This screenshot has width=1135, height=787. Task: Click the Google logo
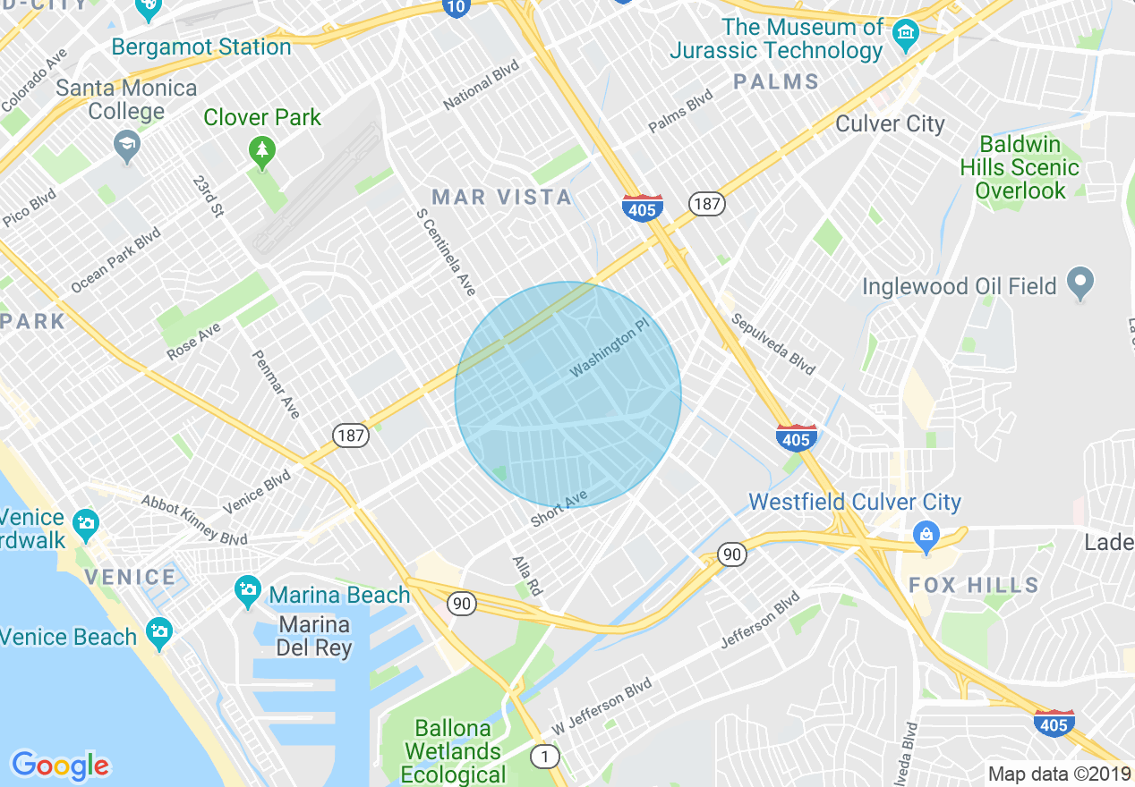click(60, 766)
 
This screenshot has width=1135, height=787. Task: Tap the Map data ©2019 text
click(1058, 773)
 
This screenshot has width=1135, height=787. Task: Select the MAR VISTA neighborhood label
click(501, 197)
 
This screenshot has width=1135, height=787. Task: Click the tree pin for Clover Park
click(261, 153)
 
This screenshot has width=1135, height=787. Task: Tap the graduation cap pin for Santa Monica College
click(127, 146)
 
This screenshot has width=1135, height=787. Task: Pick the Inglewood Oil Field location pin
click(1080, 283)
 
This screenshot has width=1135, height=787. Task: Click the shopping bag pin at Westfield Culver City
click(925, 536)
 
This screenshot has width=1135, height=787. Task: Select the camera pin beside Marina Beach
click(246, 590)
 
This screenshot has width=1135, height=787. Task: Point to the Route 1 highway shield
click(544, 757)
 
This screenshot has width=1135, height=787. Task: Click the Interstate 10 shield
click(456, 7)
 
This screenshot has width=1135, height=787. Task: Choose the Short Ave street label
click(559, 508)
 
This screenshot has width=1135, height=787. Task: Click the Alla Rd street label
click(527, 576)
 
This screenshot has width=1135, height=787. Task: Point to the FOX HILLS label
click(974, 586)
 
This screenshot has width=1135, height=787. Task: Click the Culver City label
click(890, 123)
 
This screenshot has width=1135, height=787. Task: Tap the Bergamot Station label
click(201, 47)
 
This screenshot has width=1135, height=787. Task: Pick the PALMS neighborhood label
click(776, 82)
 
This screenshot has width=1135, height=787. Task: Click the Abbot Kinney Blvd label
click(194, 520)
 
